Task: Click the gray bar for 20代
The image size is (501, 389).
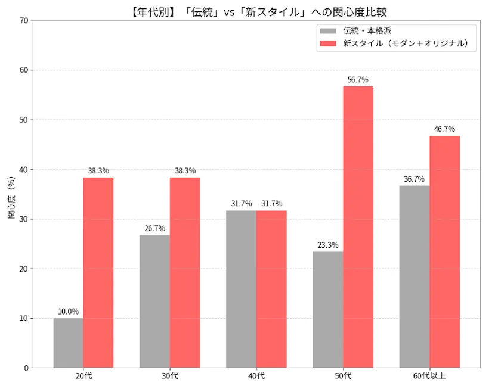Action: (68, 343)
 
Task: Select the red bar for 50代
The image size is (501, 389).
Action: (358, 227)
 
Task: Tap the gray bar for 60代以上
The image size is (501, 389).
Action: (415, 276)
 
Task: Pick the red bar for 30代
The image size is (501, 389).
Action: (185, 272)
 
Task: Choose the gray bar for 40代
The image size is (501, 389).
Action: (242, 289)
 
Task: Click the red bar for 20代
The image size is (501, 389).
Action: (98, 272)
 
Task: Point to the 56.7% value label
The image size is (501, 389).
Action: (358, 80)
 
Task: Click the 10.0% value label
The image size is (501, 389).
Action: (68, 311)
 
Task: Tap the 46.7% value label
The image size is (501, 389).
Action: (444, 129)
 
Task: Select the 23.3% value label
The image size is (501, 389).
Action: (328, 245)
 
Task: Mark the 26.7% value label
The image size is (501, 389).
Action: (155, 228)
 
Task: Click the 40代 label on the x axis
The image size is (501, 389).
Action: (256, 376)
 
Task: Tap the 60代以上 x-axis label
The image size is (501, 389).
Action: (429, 376)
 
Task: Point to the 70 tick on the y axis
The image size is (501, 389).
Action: (24, 20)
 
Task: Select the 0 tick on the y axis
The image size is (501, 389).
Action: (26, 368)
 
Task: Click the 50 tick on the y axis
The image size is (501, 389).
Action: (24, 120)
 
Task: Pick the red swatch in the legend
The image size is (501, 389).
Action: (328, 43)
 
